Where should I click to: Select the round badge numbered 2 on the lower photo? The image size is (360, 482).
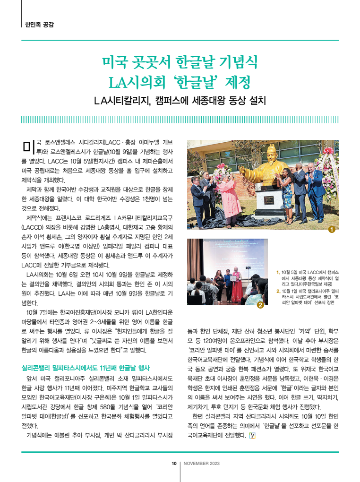pos(260,305)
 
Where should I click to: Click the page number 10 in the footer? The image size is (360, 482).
pos(174,464)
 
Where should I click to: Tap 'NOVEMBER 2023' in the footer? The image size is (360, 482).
pos(201,464)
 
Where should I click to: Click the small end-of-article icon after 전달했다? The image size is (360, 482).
pos(251,436)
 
